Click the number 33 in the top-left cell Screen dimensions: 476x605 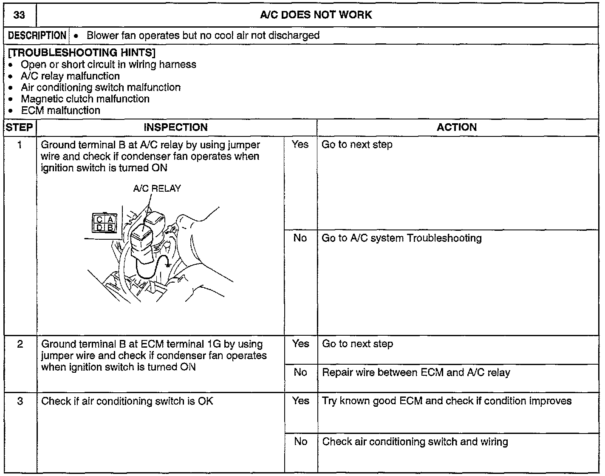click(x=19, y=15)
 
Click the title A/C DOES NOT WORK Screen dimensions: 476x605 click(x=316, y=15)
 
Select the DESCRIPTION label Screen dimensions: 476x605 click(x=37, y=36)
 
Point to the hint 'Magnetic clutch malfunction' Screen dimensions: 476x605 click(x=85, y=99)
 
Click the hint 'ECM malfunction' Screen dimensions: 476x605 click(x=60, y=110)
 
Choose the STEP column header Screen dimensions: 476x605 click(x=20, y=127)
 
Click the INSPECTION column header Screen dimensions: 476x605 click(x=175, y=127)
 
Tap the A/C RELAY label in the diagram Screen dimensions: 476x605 click(x=157, y=188)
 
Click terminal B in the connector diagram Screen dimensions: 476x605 click(x=110, y=227)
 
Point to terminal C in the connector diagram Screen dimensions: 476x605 click(x=99, y=220)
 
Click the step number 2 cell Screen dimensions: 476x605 click(x=20, y=344)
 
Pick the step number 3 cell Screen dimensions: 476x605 click(x=20, y=401)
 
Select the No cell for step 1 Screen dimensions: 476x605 click(x=300, y=238)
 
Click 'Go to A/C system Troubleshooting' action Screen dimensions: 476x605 click(x=401, y=238)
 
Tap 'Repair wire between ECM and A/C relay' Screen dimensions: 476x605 click(x=416, y=373)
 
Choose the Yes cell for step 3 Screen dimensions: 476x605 click(x=300, y=401)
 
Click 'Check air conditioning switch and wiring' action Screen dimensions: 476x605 click(x=415, y=442)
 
